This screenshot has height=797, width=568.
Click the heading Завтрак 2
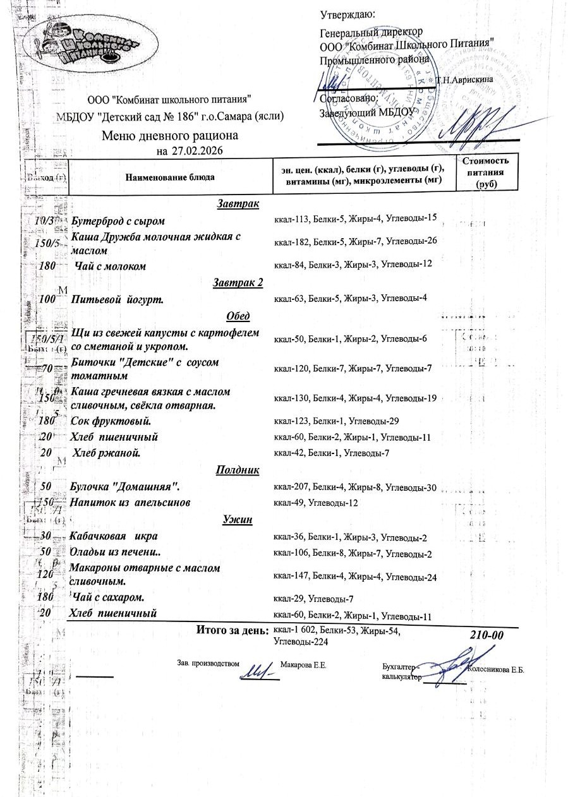(x=238, y=282)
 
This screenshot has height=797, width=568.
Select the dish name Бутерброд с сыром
(x=118, y=221)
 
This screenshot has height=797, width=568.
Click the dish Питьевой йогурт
(x=118, y=299)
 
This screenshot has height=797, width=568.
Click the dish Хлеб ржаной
(x=107, y=453)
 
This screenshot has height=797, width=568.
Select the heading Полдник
(x=238, y=470)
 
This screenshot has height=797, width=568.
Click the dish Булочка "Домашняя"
(x=126, y=487)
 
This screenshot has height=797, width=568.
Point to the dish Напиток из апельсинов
(x=130, y=503)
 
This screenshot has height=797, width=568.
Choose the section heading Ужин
(x=238, y=520)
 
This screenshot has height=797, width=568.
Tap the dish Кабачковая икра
(x=113, y=537)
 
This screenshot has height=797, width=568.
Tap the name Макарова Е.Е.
(x=303, y=665)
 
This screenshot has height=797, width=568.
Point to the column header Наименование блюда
(x=169, y=177)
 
